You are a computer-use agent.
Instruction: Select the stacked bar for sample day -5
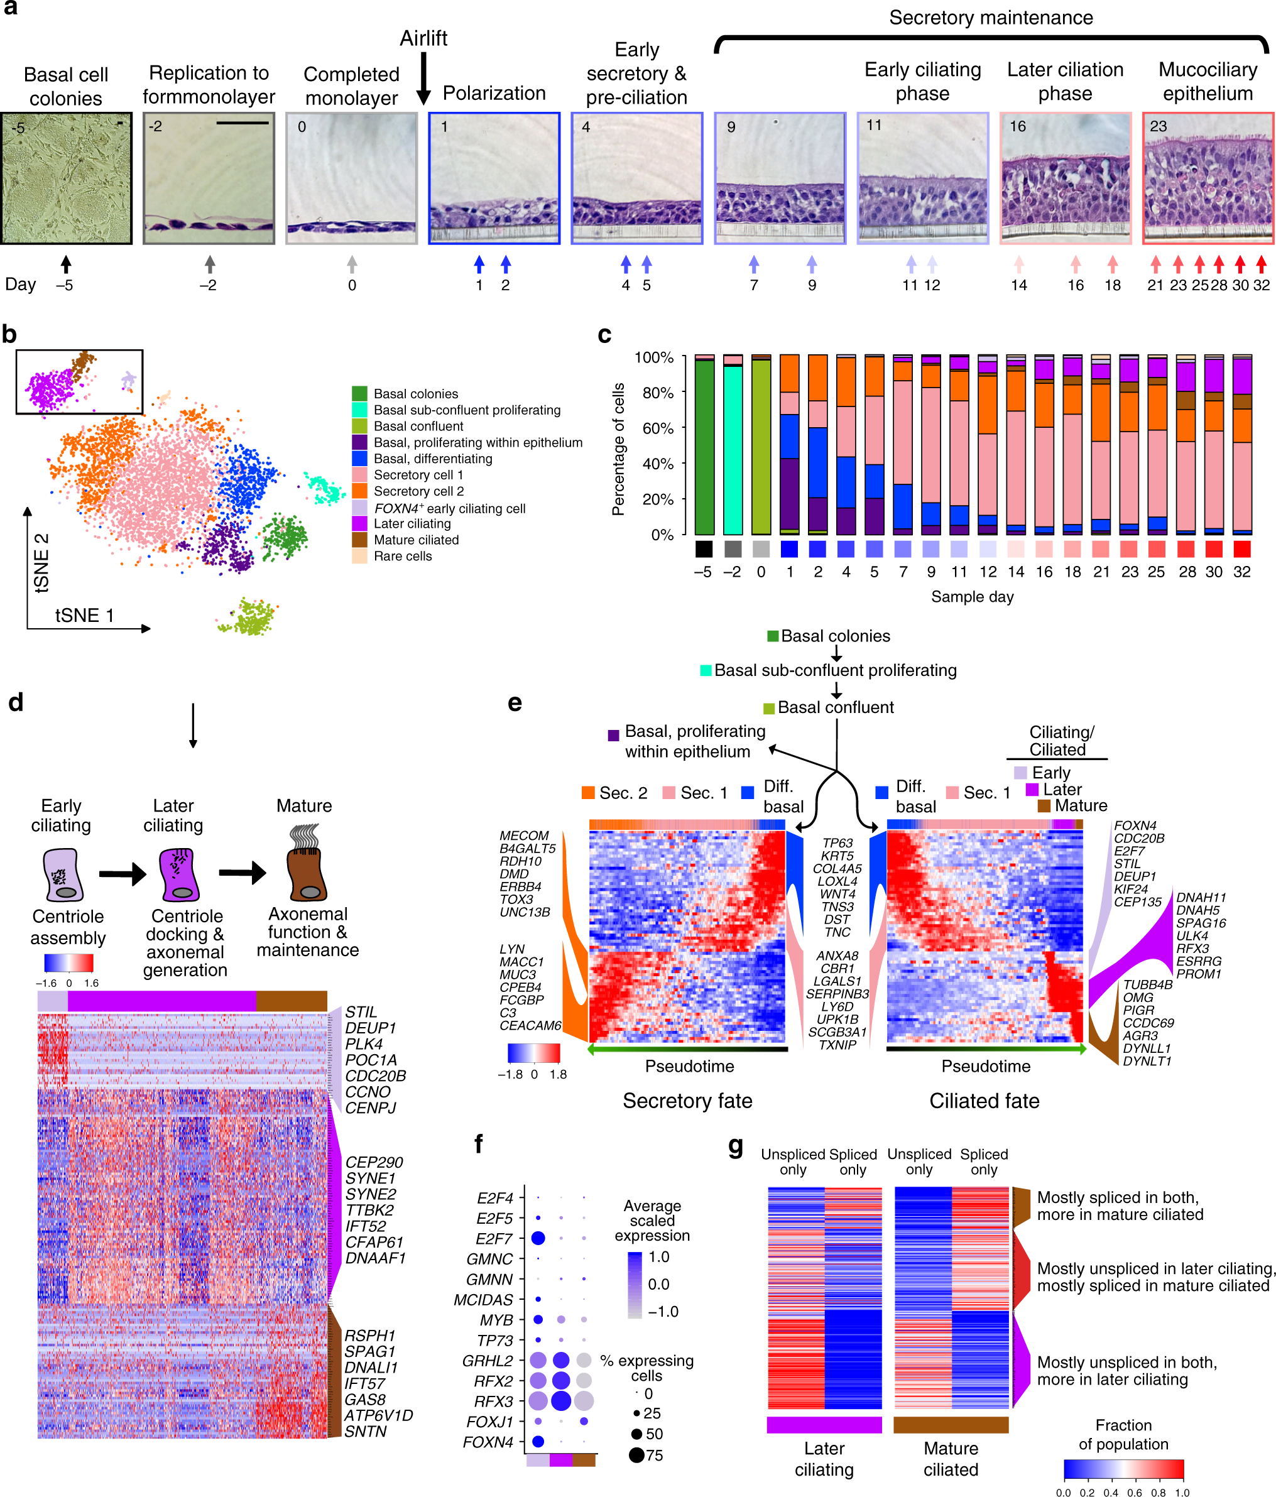coord(704,444)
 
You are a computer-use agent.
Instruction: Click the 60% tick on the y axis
coord(658,428)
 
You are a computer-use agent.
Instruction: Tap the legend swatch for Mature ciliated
coord(359,540)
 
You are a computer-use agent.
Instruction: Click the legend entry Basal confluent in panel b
coord(418,427)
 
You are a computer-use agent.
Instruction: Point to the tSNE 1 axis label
coord(85,616)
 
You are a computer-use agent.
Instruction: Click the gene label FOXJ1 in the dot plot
coord(489,1422)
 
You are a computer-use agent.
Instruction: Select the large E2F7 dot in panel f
coord(538,1238)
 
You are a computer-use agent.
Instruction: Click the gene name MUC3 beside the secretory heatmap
coord(517,974)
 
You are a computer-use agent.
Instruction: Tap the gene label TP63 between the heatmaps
coord(837,843)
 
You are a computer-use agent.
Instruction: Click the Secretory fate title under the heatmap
coord(687,1101)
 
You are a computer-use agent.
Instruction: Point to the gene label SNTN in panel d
coord(365,1431)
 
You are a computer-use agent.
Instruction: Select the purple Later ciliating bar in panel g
coord(824,1424)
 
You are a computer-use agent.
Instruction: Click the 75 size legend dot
coord(636,1455)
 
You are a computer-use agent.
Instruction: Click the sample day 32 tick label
coord(1241,572)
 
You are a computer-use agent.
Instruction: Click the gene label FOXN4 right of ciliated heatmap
coord(1135,825)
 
